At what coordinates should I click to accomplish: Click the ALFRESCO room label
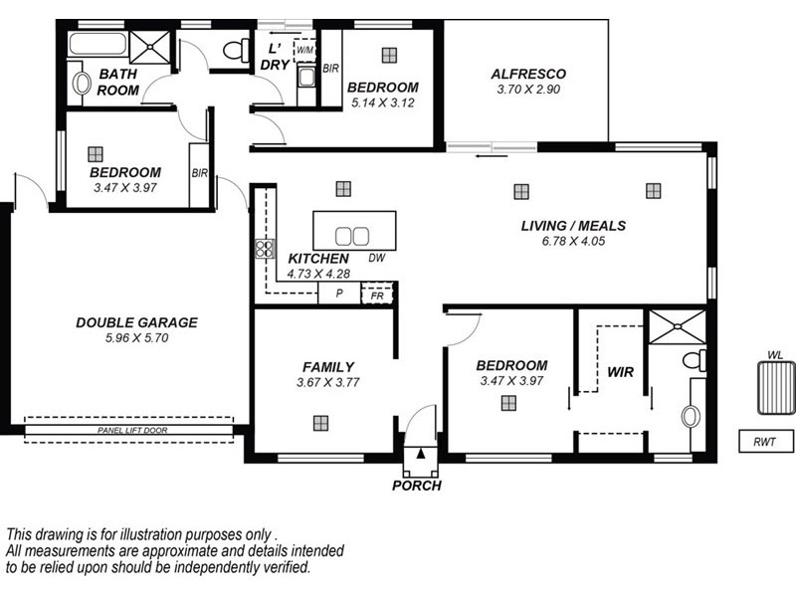coord(529,74)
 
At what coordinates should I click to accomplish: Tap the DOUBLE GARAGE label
coord(136,322)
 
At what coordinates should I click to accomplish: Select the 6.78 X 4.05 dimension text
coord(573,241)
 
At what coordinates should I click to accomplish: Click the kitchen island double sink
coord(351,236)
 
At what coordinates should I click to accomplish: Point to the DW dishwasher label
coord(376,259)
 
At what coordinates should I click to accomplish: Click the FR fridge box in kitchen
coord(377,296)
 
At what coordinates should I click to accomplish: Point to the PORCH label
coord(417,487)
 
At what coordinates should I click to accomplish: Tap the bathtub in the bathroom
coord(98,46)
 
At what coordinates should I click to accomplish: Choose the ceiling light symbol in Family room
coord(320,422)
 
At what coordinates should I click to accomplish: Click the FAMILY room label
coord(328,366)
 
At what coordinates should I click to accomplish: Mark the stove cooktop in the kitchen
coord(265,249)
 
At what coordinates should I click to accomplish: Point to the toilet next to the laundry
coord(237,49)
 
